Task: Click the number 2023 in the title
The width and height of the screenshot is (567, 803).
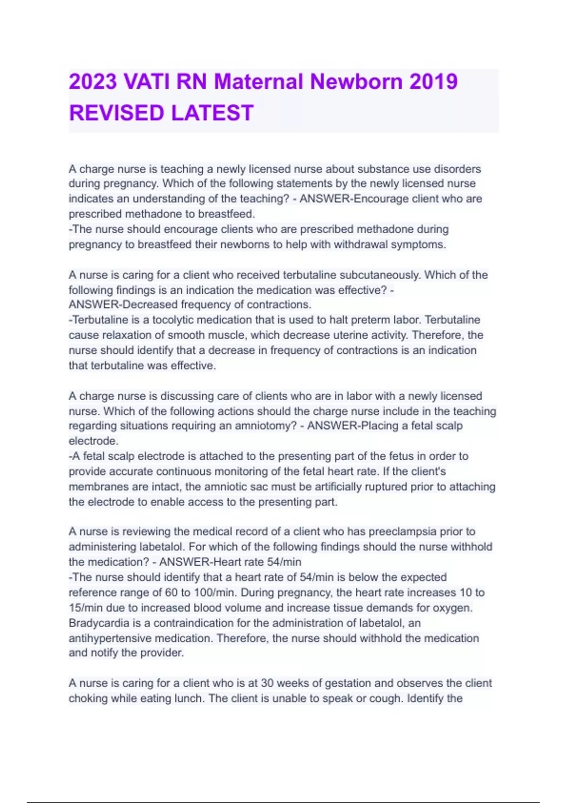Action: tap(93, 81)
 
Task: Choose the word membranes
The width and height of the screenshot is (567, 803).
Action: tap(97, 487)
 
